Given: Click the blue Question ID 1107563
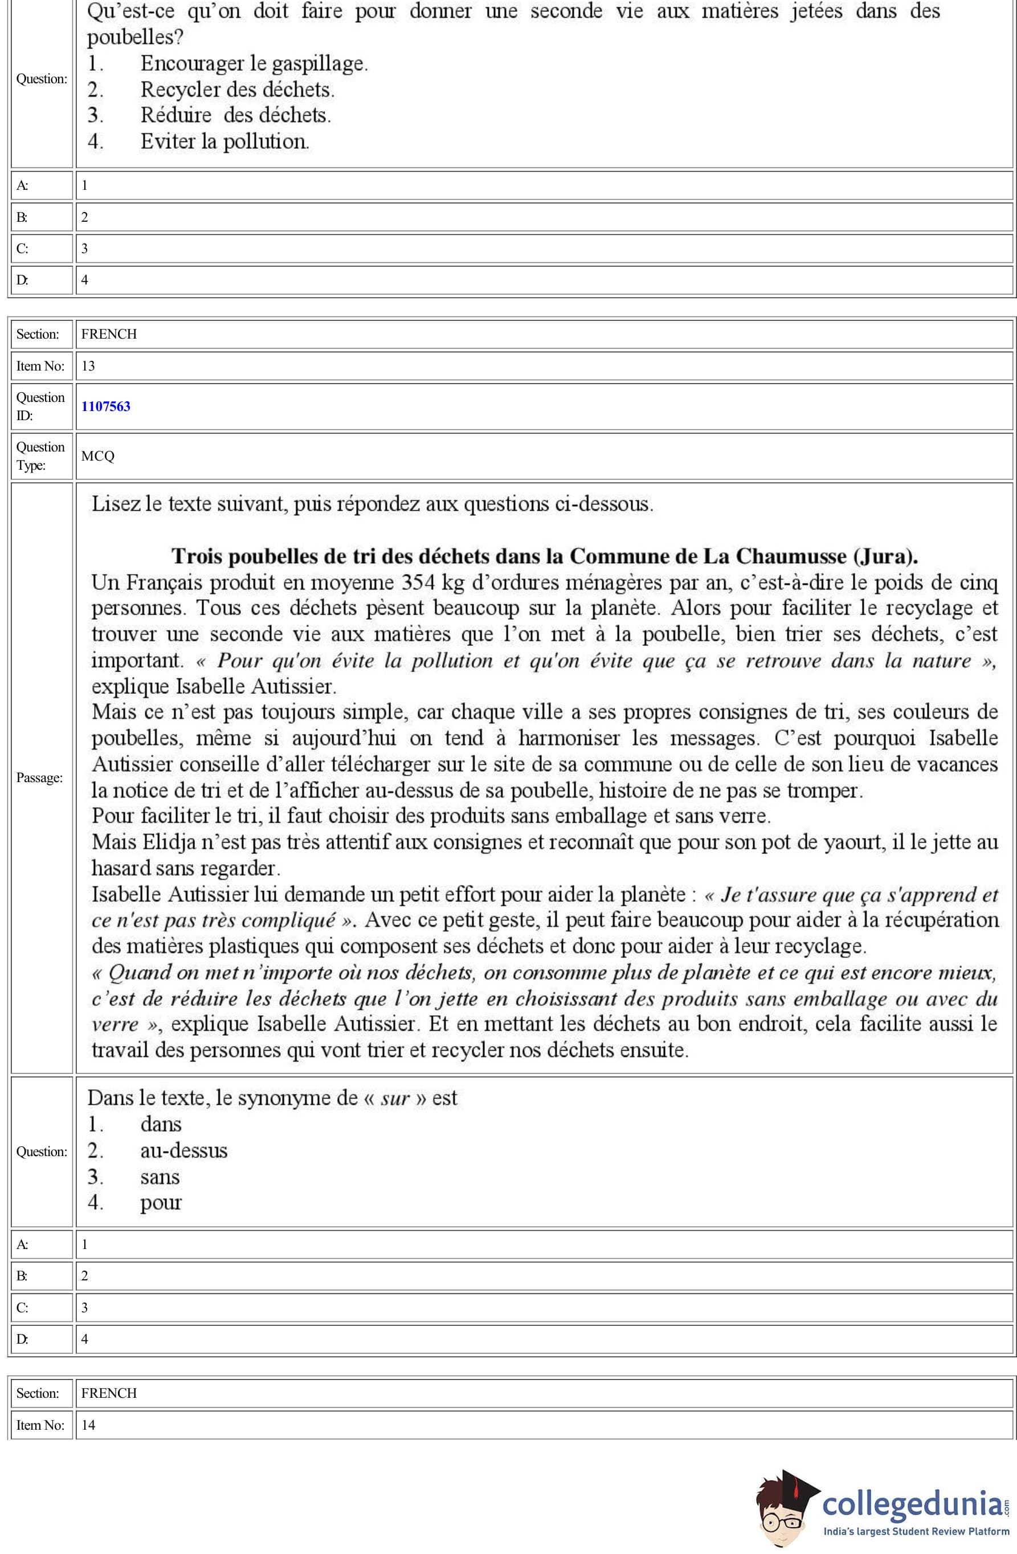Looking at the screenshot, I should point(106,406).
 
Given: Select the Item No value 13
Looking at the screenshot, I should point(88,365).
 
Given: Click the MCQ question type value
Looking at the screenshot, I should point(98,455).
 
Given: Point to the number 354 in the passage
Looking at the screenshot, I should point(418,582).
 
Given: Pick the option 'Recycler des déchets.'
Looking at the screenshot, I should point(237,89).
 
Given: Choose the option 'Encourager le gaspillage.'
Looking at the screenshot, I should point(254,63).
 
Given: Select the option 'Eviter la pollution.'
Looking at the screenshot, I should point(224,141).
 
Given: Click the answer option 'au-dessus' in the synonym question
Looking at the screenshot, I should point(183,1150).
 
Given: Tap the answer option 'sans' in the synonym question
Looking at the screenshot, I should point(160,1177).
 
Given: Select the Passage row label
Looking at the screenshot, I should point(40,778).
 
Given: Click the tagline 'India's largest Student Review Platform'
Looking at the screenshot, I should point(916,1531).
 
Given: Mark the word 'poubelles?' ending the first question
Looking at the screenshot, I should point(135,37).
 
